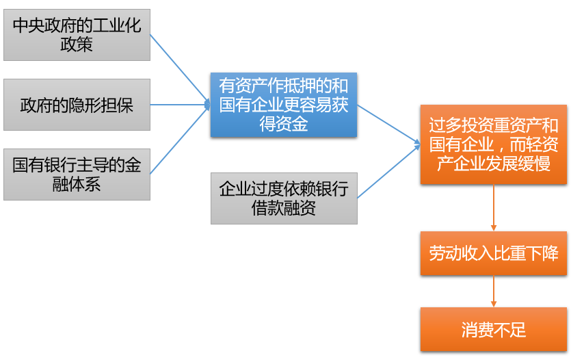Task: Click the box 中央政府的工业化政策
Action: [77, 35]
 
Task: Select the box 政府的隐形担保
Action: [77, 105]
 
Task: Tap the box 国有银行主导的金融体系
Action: [77, 175]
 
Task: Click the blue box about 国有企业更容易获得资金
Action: [284, 105]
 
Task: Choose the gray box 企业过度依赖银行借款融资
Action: [284, 198]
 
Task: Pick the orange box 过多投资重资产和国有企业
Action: [493, 144]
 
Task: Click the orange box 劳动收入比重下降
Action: [493, 253]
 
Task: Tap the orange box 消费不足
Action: [493, 330]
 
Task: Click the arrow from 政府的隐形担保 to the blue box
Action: [179, 105]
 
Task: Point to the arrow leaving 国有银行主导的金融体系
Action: [179, 140]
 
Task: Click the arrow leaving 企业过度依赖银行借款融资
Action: [388, 172]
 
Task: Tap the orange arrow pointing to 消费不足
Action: [493, 292]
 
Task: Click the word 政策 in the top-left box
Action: [77, 45]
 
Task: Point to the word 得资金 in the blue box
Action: [284, 125]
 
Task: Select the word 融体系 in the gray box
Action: [77, 185]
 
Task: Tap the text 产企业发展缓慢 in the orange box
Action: [493, 164]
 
